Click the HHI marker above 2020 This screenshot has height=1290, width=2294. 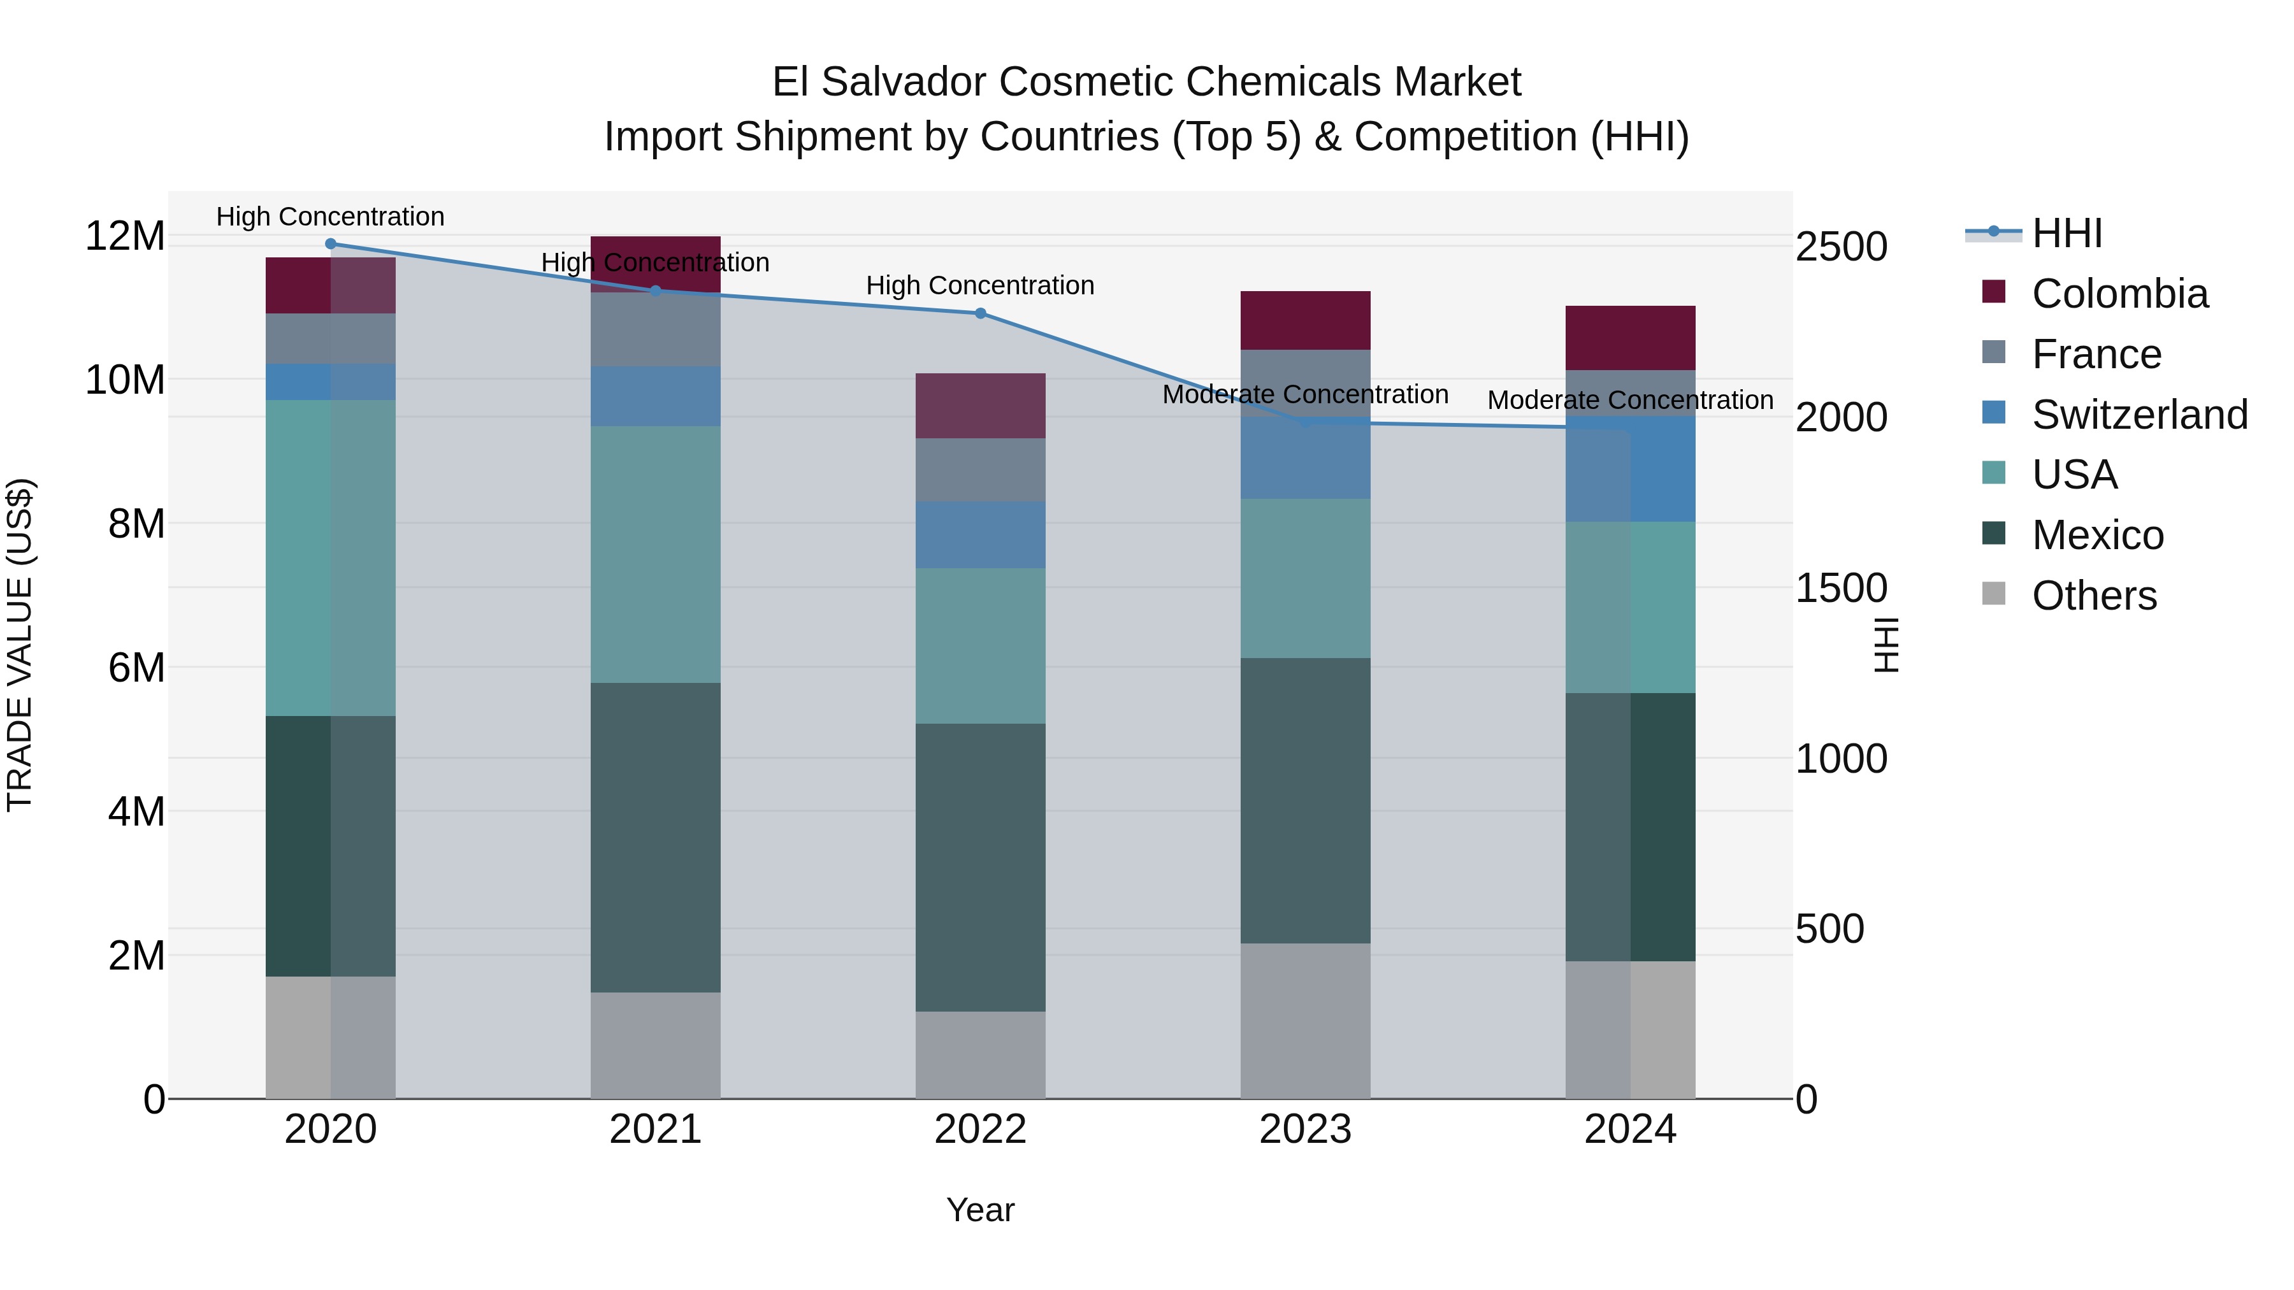[x=330, y=244]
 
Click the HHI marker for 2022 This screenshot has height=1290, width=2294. [x=981, y=313]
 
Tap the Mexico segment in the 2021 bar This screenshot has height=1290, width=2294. [x=656, y=837]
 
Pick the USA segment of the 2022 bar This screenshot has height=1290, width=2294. [x=981, y=645]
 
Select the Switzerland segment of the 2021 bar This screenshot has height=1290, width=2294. [x=656, y=396]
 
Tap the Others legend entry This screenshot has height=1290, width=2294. [x=2093, y=596]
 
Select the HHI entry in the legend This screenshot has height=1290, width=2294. [x=2066, y=233]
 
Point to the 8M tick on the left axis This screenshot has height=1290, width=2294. [x=136, y=524]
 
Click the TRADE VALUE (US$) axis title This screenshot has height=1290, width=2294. [x=20, y=645]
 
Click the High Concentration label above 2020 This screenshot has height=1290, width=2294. [x=330, y=217]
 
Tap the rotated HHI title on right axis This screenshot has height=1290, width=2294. [x=1886, y=645]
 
